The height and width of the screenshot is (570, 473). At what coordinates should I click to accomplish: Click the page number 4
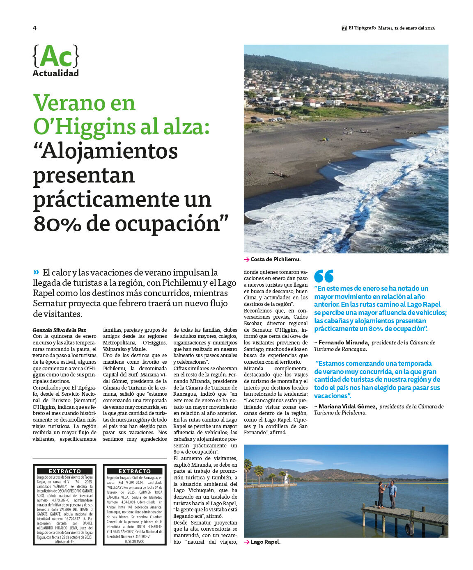[34, 28]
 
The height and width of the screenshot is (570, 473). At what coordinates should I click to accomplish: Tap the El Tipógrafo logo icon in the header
[344, 28]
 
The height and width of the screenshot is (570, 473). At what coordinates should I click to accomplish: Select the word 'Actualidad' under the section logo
[55, 73]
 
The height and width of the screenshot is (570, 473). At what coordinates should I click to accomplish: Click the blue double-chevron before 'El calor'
[37, 272]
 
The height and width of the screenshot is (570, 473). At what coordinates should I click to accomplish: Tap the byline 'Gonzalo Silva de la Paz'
[59, 330]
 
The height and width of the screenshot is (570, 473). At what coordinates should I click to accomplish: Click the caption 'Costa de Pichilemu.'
[275, 259]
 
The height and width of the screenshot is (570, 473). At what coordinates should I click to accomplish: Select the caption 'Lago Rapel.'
[265, 542]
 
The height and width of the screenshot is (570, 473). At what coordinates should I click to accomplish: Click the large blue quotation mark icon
[324, 276]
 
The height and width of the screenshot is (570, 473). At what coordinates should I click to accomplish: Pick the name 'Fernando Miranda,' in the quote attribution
[344, 342]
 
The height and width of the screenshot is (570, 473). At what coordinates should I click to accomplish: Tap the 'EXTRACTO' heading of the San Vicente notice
[65, 471]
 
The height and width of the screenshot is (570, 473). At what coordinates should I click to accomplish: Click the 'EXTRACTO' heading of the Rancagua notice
[135, 471]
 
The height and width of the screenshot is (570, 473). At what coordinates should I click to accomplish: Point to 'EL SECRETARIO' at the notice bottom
[134, 541]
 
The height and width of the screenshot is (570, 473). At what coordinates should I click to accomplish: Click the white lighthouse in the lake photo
[286, 477]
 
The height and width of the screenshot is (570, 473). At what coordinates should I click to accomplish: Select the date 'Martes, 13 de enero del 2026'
[406, 28]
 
